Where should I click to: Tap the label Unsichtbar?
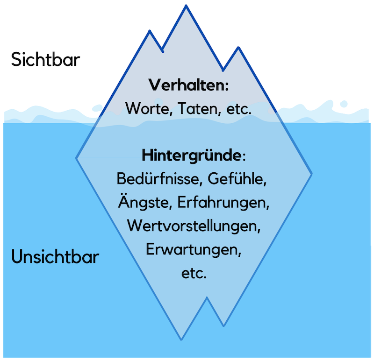(x=55, y=257)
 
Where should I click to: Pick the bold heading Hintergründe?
(x=191, y=155)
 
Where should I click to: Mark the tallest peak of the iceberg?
(x=187, y=6)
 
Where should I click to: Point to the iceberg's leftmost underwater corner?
(x=77, y=158)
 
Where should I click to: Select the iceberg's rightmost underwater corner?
(x=312, y=174)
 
